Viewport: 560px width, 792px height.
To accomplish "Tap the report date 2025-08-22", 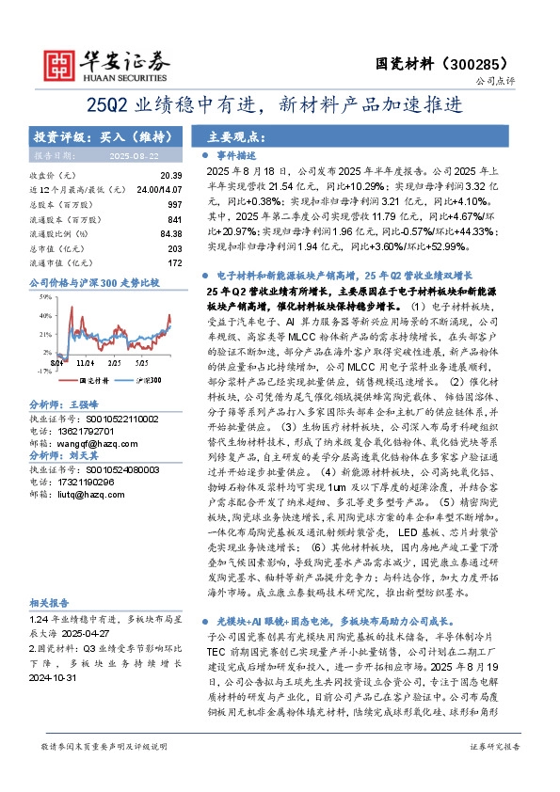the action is pyautogui.click(x=134, y=153).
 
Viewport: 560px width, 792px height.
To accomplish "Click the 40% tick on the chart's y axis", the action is pyautogui.click(x=43, y=314).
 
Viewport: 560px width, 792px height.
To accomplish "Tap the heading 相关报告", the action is pyautogui.click(x=46, y=627).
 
